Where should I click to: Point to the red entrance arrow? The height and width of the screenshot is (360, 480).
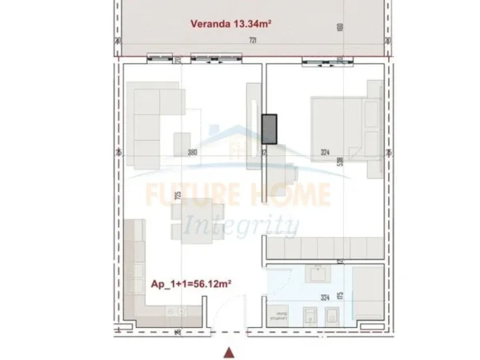pos(230,350)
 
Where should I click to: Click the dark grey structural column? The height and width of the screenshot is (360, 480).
pos(270,129)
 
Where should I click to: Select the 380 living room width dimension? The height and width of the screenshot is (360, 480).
pos(192,152)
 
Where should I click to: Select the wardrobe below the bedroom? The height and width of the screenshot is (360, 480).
pos(324,248)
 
